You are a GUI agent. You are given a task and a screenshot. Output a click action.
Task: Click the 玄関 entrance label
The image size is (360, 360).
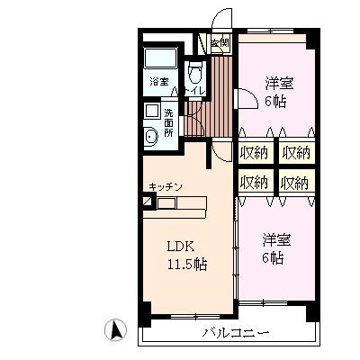tap(220, 42)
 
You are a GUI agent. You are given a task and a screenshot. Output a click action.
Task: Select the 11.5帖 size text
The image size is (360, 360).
tap(185, 265)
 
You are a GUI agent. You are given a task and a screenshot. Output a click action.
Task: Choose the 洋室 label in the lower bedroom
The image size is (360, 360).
tap(276, 240)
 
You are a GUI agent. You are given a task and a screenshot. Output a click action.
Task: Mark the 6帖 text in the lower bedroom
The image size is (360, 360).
tap(274, 258)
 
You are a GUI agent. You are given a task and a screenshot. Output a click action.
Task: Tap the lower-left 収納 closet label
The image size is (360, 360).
tap(255, 182)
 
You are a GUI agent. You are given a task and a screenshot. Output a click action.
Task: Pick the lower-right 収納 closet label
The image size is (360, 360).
tap(294, 182)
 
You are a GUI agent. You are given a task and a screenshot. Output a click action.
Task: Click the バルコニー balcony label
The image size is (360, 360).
tap(236, 333)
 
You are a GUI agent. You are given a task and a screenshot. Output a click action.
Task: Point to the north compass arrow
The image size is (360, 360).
tap(115, 329)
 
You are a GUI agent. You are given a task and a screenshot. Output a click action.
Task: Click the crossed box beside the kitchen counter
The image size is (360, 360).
tap(148, 202)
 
